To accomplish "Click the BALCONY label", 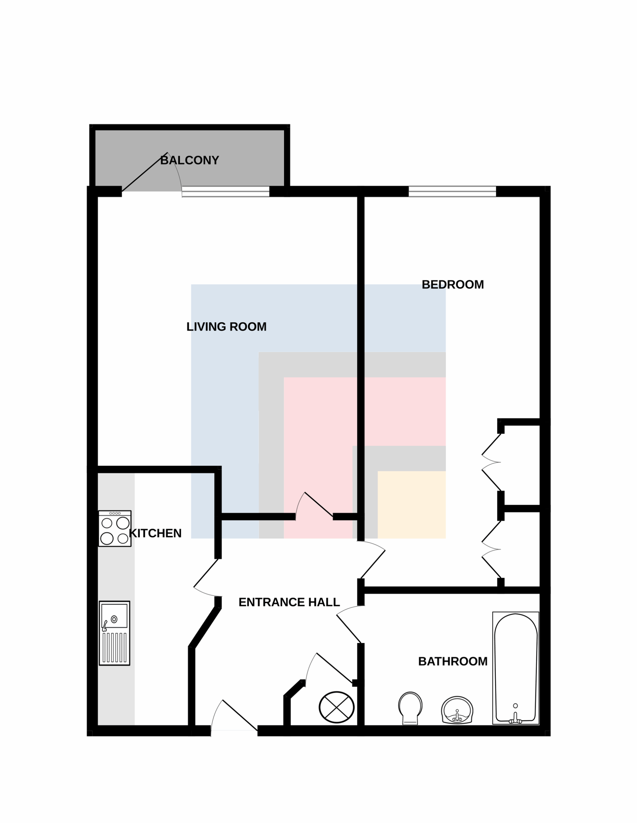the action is coord(190,160).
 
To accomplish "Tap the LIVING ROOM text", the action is coord(226,327).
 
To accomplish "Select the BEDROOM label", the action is coord(453,285).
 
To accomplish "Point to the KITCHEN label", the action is coord(155,533).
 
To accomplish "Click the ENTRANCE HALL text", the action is coord(289,602).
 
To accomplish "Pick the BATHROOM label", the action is coord(453,661).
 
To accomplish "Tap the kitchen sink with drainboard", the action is coord(114,633).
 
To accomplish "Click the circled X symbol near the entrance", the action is coord(336,707).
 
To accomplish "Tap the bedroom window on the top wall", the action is coord(452,191).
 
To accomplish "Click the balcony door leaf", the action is coord(145,172).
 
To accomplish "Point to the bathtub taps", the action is coord(515,719).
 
